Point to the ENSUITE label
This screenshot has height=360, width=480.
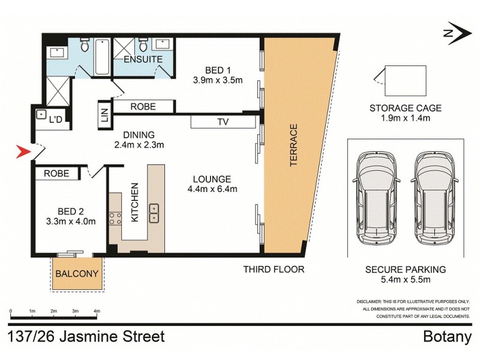142,60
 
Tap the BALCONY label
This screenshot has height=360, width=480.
77,274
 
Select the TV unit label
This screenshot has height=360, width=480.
222,122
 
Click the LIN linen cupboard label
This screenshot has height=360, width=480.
104,115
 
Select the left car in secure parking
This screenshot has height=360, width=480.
376,199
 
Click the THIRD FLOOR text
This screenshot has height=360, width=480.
273,269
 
